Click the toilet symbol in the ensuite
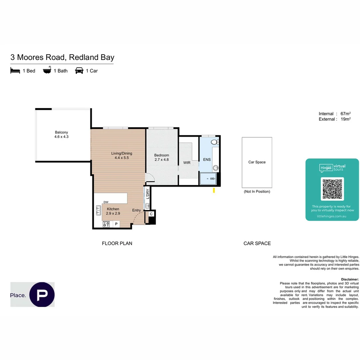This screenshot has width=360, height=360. (x=215, y=142)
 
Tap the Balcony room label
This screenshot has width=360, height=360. (x=61, y=132)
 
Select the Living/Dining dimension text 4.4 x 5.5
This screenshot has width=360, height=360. (x=121, y=158)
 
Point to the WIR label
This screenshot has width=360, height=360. (x=187, y=163)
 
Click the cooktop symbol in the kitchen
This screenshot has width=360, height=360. (x=106, y=224)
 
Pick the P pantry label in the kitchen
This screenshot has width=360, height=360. (x=116, y=224)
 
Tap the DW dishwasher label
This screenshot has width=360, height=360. (x=106, y=202)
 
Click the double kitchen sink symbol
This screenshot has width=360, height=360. (x=99, y=210)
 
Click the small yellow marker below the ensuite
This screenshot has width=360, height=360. (x=214, y=190)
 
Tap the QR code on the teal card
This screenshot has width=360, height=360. (x=332, y=189)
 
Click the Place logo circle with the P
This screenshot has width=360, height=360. (x=42, y=294)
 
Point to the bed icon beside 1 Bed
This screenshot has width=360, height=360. (x=15, y=71)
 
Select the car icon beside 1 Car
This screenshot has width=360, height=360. (x=79, y=71)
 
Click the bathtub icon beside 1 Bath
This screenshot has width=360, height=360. (x=47, y=70)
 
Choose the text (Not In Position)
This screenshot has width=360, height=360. (x=257, y=192)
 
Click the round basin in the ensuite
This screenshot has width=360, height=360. (x=216, y=168)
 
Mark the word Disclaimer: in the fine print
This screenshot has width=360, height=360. (x=350, y=279)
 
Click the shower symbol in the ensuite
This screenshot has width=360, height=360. (x=208, y=179)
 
